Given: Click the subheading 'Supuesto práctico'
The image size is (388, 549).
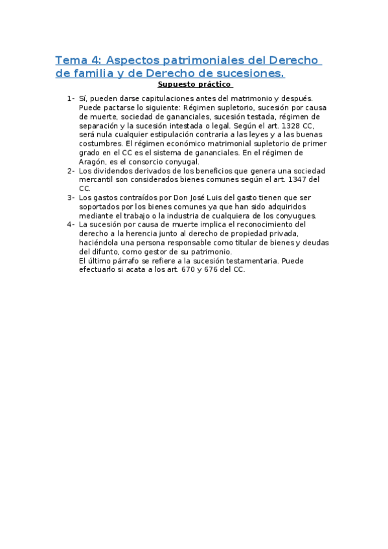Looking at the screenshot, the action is tap(194, 84).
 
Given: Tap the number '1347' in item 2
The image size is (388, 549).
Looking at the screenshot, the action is tap(300, 179).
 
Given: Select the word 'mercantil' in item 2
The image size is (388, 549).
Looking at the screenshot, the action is tap(97, 179).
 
